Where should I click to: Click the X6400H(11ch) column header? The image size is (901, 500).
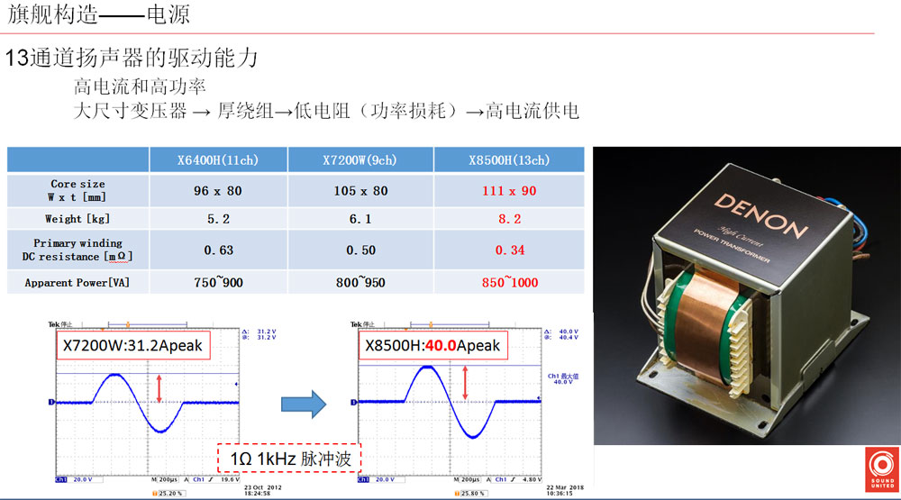(x=217, y=160)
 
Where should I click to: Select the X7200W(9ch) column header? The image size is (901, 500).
(x=360, y=160)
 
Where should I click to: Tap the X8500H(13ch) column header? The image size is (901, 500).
(x=509, y=160)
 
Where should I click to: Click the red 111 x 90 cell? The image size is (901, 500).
(x=509, y=190)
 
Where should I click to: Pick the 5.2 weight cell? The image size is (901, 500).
(x=217, y=219)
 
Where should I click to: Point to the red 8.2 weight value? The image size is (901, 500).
(x=509, y=219)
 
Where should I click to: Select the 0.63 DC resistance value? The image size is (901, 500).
(x=217, y=250)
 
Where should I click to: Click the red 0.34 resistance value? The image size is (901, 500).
(x=509, y=250)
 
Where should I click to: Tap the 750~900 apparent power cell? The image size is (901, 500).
(x=217, y=282)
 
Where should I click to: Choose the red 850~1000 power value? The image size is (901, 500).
(x=509, y=282)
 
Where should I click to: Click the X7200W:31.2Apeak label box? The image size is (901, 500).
(x=132, y=345)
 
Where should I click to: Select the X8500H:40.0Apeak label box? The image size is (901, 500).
(x=432, y=345)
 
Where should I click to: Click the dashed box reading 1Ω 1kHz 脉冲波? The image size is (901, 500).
(x=289, y=459)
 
